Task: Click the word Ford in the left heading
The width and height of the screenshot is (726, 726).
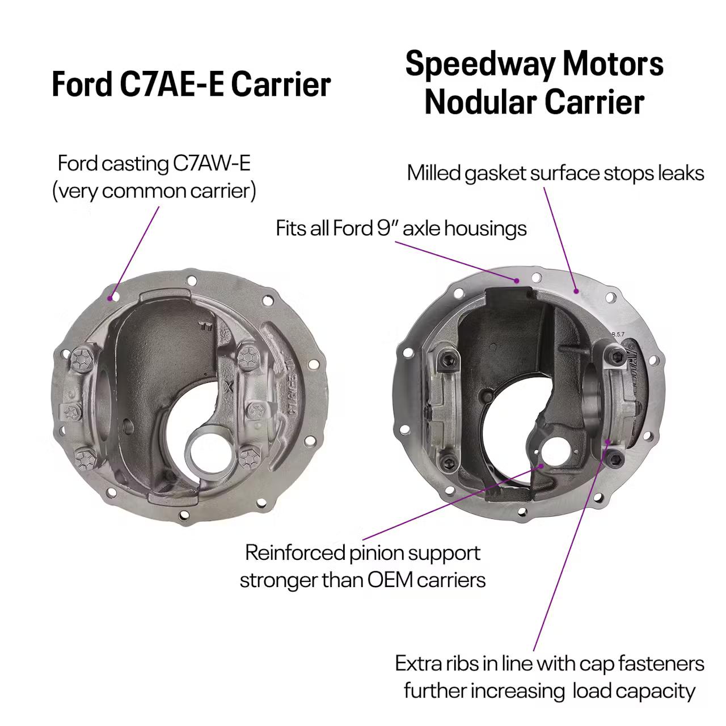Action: [81, 85]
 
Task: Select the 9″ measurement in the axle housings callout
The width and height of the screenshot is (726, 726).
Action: [387, 229]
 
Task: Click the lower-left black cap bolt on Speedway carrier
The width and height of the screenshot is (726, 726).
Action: [448, 462]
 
